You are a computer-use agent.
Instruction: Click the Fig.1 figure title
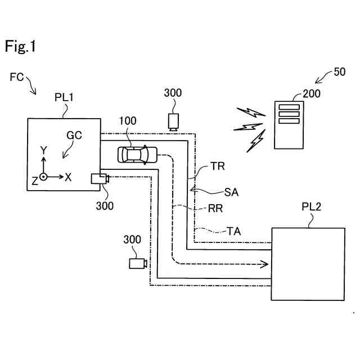[20, 47]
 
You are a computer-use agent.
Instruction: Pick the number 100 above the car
[128, 121]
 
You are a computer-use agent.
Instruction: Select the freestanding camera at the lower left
[138, 263]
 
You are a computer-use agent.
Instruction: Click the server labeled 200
[287, 124]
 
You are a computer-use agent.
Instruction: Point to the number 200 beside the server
[311, 93]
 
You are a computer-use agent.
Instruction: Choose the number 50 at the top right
[340, 72]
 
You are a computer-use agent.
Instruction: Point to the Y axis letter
[44, 150]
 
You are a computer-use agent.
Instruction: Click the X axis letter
[68, 177]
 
